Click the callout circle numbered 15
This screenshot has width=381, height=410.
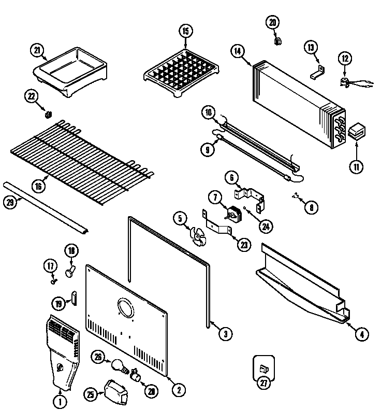point(185,32)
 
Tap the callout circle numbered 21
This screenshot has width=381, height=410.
point(36,50)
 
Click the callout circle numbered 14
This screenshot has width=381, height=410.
point(238,51)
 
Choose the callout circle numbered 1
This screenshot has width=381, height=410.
point(60,400)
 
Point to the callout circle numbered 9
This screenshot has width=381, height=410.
point(208,150)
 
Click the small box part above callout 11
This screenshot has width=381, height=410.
point(356,132)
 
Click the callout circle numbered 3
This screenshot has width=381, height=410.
point(225,334)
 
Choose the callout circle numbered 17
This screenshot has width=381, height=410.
point(50,266)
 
